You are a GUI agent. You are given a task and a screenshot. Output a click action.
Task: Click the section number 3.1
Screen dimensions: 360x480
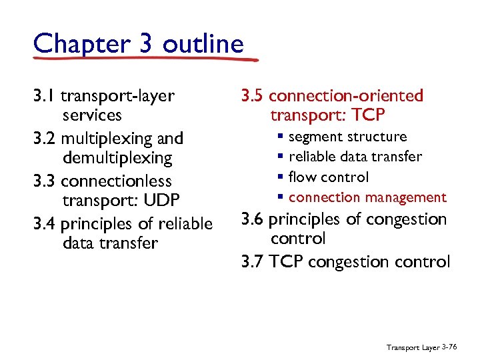tap(45, 96)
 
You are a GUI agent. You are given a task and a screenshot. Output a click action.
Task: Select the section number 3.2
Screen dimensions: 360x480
tap(45, 139)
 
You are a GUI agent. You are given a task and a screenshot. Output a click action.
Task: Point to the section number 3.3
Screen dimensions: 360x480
tap(45, 181)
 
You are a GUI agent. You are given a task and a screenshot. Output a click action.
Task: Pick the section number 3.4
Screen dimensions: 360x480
tap(45, 223)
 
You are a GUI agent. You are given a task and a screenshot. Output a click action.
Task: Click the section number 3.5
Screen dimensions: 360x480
tap(253, 96)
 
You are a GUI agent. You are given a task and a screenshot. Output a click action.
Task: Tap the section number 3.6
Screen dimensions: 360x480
tap(253, 219)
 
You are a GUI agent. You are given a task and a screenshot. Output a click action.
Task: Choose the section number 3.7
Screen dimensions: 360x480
tap(253, 261)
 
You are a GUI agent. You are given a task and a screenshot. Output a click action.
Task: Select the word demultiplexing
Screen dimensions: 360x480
tap(117, 158)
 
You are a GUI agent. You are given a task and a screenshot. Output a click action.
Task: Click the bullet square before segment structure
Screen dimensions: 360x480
tap(281, 137)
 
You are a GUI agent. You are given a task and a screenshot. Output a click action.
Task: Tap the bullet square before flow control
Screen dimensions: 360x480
tap(281, 177)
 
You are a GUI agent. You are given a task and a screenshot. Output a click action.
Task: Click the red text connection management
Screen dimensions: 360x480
tap(367, 197)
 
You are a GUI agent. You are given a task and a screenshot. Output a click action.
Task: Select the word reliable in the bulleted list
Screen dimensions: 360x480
tap(313, 157)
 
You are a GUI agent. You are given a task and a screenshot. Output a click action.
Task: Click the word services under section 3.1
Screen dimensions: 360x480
tap(92, 115)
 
